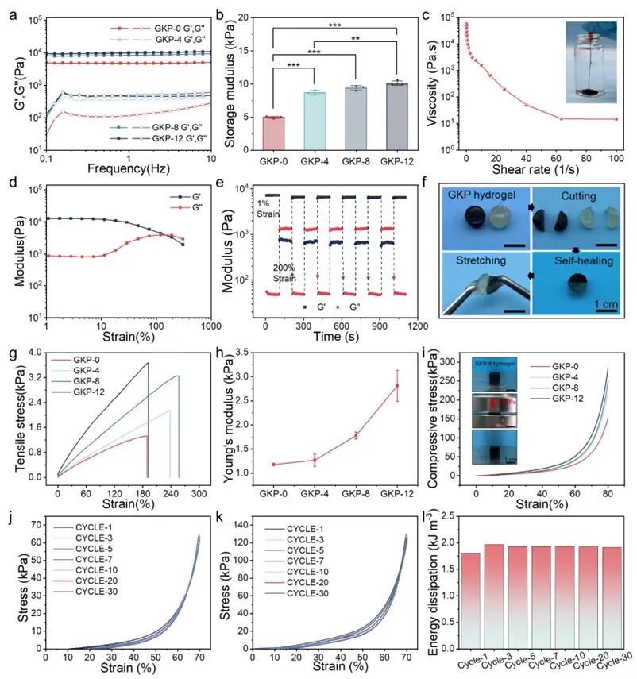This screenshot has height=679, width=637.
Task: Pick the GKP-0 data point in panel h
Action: coord(273,465)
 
